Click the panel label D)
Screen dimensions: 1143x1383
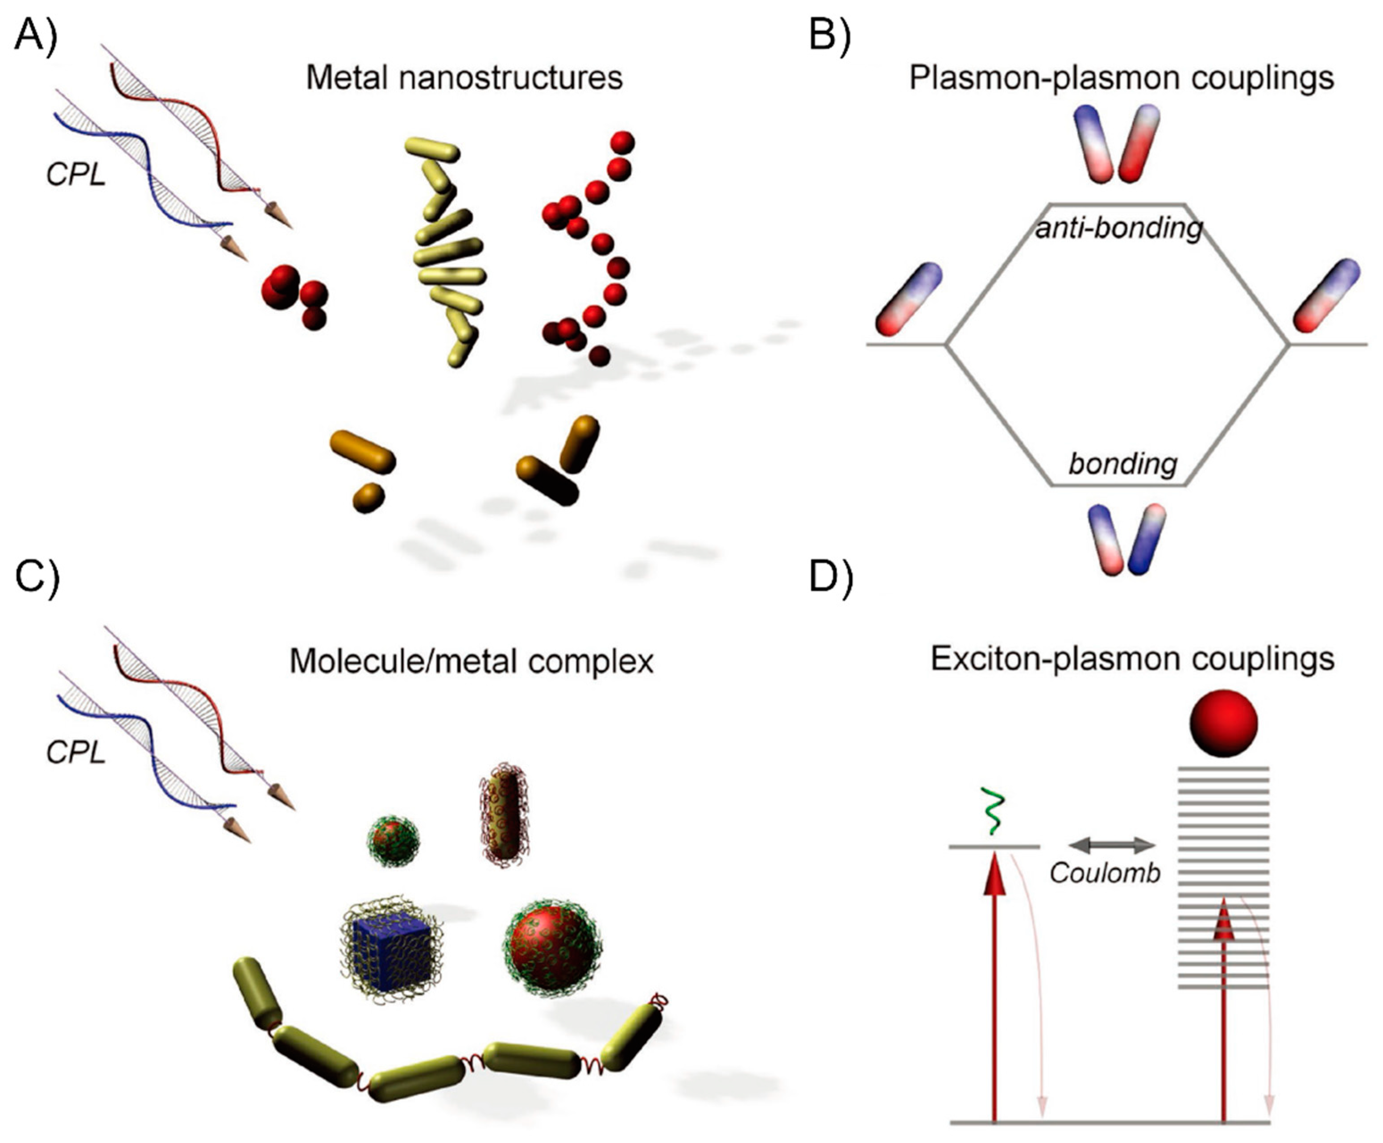click(x=831, y=577)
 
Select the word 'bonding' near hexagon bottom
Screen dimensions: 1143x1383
click(x=1122, y=464)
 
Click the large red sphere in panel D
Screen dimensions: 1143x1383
click(x=1223, y=723)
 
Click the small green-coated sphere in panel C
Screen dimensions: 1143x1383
click(x=393, y=841)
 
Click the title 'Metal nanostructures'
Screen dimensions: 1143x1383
click(x=464, y=78)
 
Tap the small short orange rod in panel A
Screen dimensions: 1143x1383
click(x=368, y=498)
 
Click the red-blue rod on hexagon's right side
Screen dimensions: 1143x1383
click(x=1326, y=295)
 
